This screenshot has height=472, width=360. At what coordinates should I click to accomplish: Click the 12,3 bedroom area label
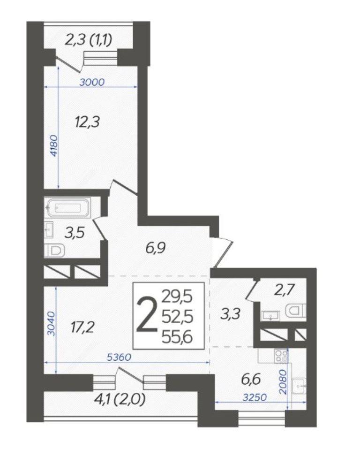pyautogui.click(x=87, y=123)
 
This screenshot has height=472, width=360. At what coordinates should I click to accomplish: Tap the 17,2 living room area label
pyautogui.click(x=82, y=327)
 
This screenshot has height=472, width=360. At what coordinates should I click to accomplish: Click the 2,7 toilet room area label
pyautogui.click(x=284, y=290)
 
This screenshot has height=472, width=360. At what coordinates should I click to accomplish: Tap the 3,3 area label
pyautogui.click(x=230, y=314)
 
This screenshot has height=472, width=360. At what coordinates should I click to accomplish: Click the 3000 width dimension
pyautogui.click(x=92, y=82)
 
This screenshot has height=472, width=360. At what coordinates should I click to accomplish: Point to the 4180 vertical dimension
pyautogui.click(x=53, y=146)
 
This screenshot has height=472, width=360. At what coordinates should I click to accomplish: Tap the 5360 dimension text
pyautogui.click(x=120, y=358)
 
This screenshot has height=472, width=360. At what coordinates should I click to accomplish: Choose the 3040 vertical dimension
pyautogui.click(x=51, y=324)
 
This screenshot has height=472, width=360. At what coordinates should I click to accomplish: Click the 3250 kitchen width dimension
pyautogui.click(x=255, y=397)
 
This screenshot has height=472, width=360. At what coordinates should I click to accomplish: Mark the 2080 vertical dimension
pyautogui.click(x=283, y=382)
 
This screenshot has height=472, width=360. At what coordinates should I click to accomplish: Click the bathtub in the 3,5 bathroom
pyautogui.click(x=68, y=208)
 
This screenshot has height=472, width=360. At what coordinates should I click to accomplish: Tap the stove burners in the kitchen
pyautogui.click(x=282, y=356)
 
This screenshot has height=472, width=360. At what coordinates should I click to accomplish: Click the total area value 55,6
pyautogui.click(x=177, y=338)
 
